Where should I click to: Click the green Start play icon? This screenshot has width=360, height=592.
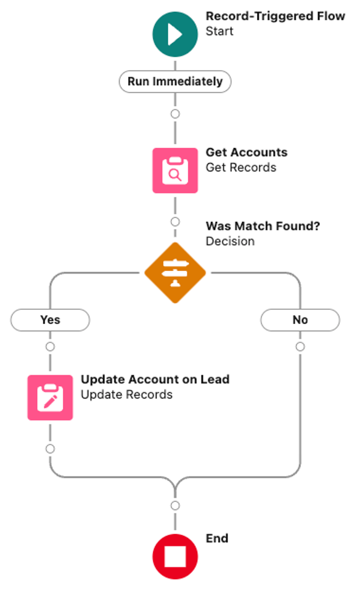click(x=175, y=34)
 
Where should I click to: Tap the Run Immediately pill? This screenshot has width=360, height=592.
click(x=175, y=81)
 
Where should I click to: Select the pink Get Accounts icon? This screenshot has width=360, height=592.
click(x=175, y=171)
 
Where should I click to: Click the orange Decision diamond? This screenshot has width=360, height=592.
click(x=175, y=273)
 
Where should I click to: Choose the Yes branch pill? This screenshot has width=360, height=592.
click(x=51, y=320)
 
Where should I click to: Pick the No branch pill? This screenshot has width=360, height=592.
click(x=300, y=320)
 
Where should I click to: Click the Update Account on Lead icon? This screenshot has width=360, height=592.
click(x=51, y=397)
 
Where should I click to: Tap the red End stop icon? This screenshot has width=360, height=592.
click(x=175, y=556)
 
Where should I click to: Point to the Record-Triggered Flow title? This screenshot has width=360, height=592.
click(x=276, y=16)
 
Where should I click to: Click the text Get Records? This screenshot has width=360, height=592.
click(x=241, y=168)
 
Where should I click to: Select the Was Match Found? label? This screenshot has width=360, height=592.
click(x=263, y=226)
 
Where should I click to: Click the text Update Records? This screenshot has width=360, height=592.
click(x=126, y=394)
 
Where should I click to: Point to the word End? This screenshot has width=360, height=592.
click(x=217, y=538)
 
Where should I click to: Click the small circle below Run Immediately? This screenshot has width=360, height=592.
click(x=175, y=113)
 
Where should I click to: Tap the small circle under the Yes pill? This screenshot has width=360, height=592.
click(x=51, y=347)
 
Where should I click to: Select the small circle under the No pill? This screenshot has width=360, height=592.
click(x=300, y=347)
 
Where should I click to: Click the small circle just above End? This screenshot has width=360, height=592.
click(x=175, y=506)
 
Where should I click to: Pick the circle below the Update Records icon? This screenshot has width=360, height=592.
click(x=51, y=449)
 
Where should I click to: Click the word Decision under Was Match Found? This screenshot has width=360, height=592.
click(x=230, y=241)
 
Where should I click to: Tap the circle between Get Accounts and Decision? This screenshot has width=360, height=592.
click(x=175, y=222)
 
